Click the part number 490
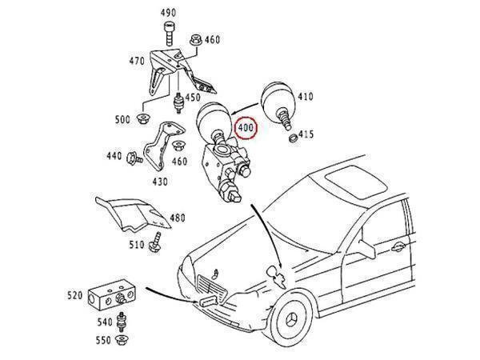pos(169,13)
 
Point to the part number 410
pos(306,98)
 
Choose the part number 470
pos(137,61)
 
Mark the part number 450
pos(192,98)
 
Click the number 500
pos(122,120)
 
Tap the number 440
pos(114,156)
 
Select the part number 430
pos(159,182)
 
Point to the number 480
pos(177,218)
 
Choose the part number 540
pos(106,322)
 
